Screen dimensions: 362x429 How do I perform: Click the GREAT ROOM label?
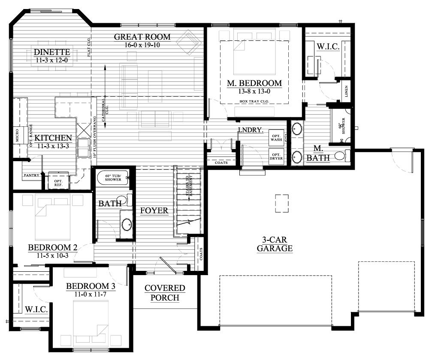pos(142,37)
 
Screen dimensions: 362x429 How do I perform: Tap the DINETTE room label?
pos(52,53)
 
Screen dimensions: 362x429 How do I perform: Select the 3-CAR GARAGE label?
pos(275,244)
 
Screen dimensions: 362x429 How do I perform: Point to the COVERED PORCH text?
pos(165,292)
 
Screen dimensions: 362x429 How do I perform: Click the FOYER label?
pos(154,210)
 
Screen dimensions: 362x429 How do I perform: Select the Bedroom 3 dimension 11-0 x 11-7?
pos(90,295)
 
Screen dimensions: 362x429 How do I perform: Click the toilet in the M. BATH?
pos(341,155)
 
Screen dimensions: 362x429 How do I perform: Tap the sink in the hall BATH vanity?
pos(127,224)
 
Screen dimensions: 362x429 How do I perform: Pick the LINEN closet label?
pos(346,91)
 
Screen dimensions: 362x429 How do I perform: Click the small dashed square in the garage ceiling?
pos(282,203)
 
